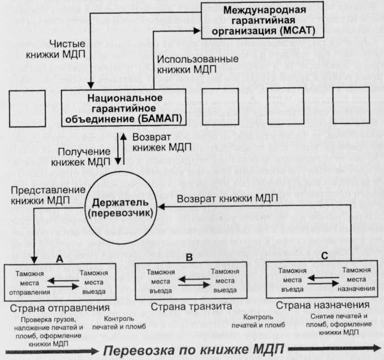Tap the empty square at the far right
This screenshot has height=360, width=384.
(351, 106)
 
